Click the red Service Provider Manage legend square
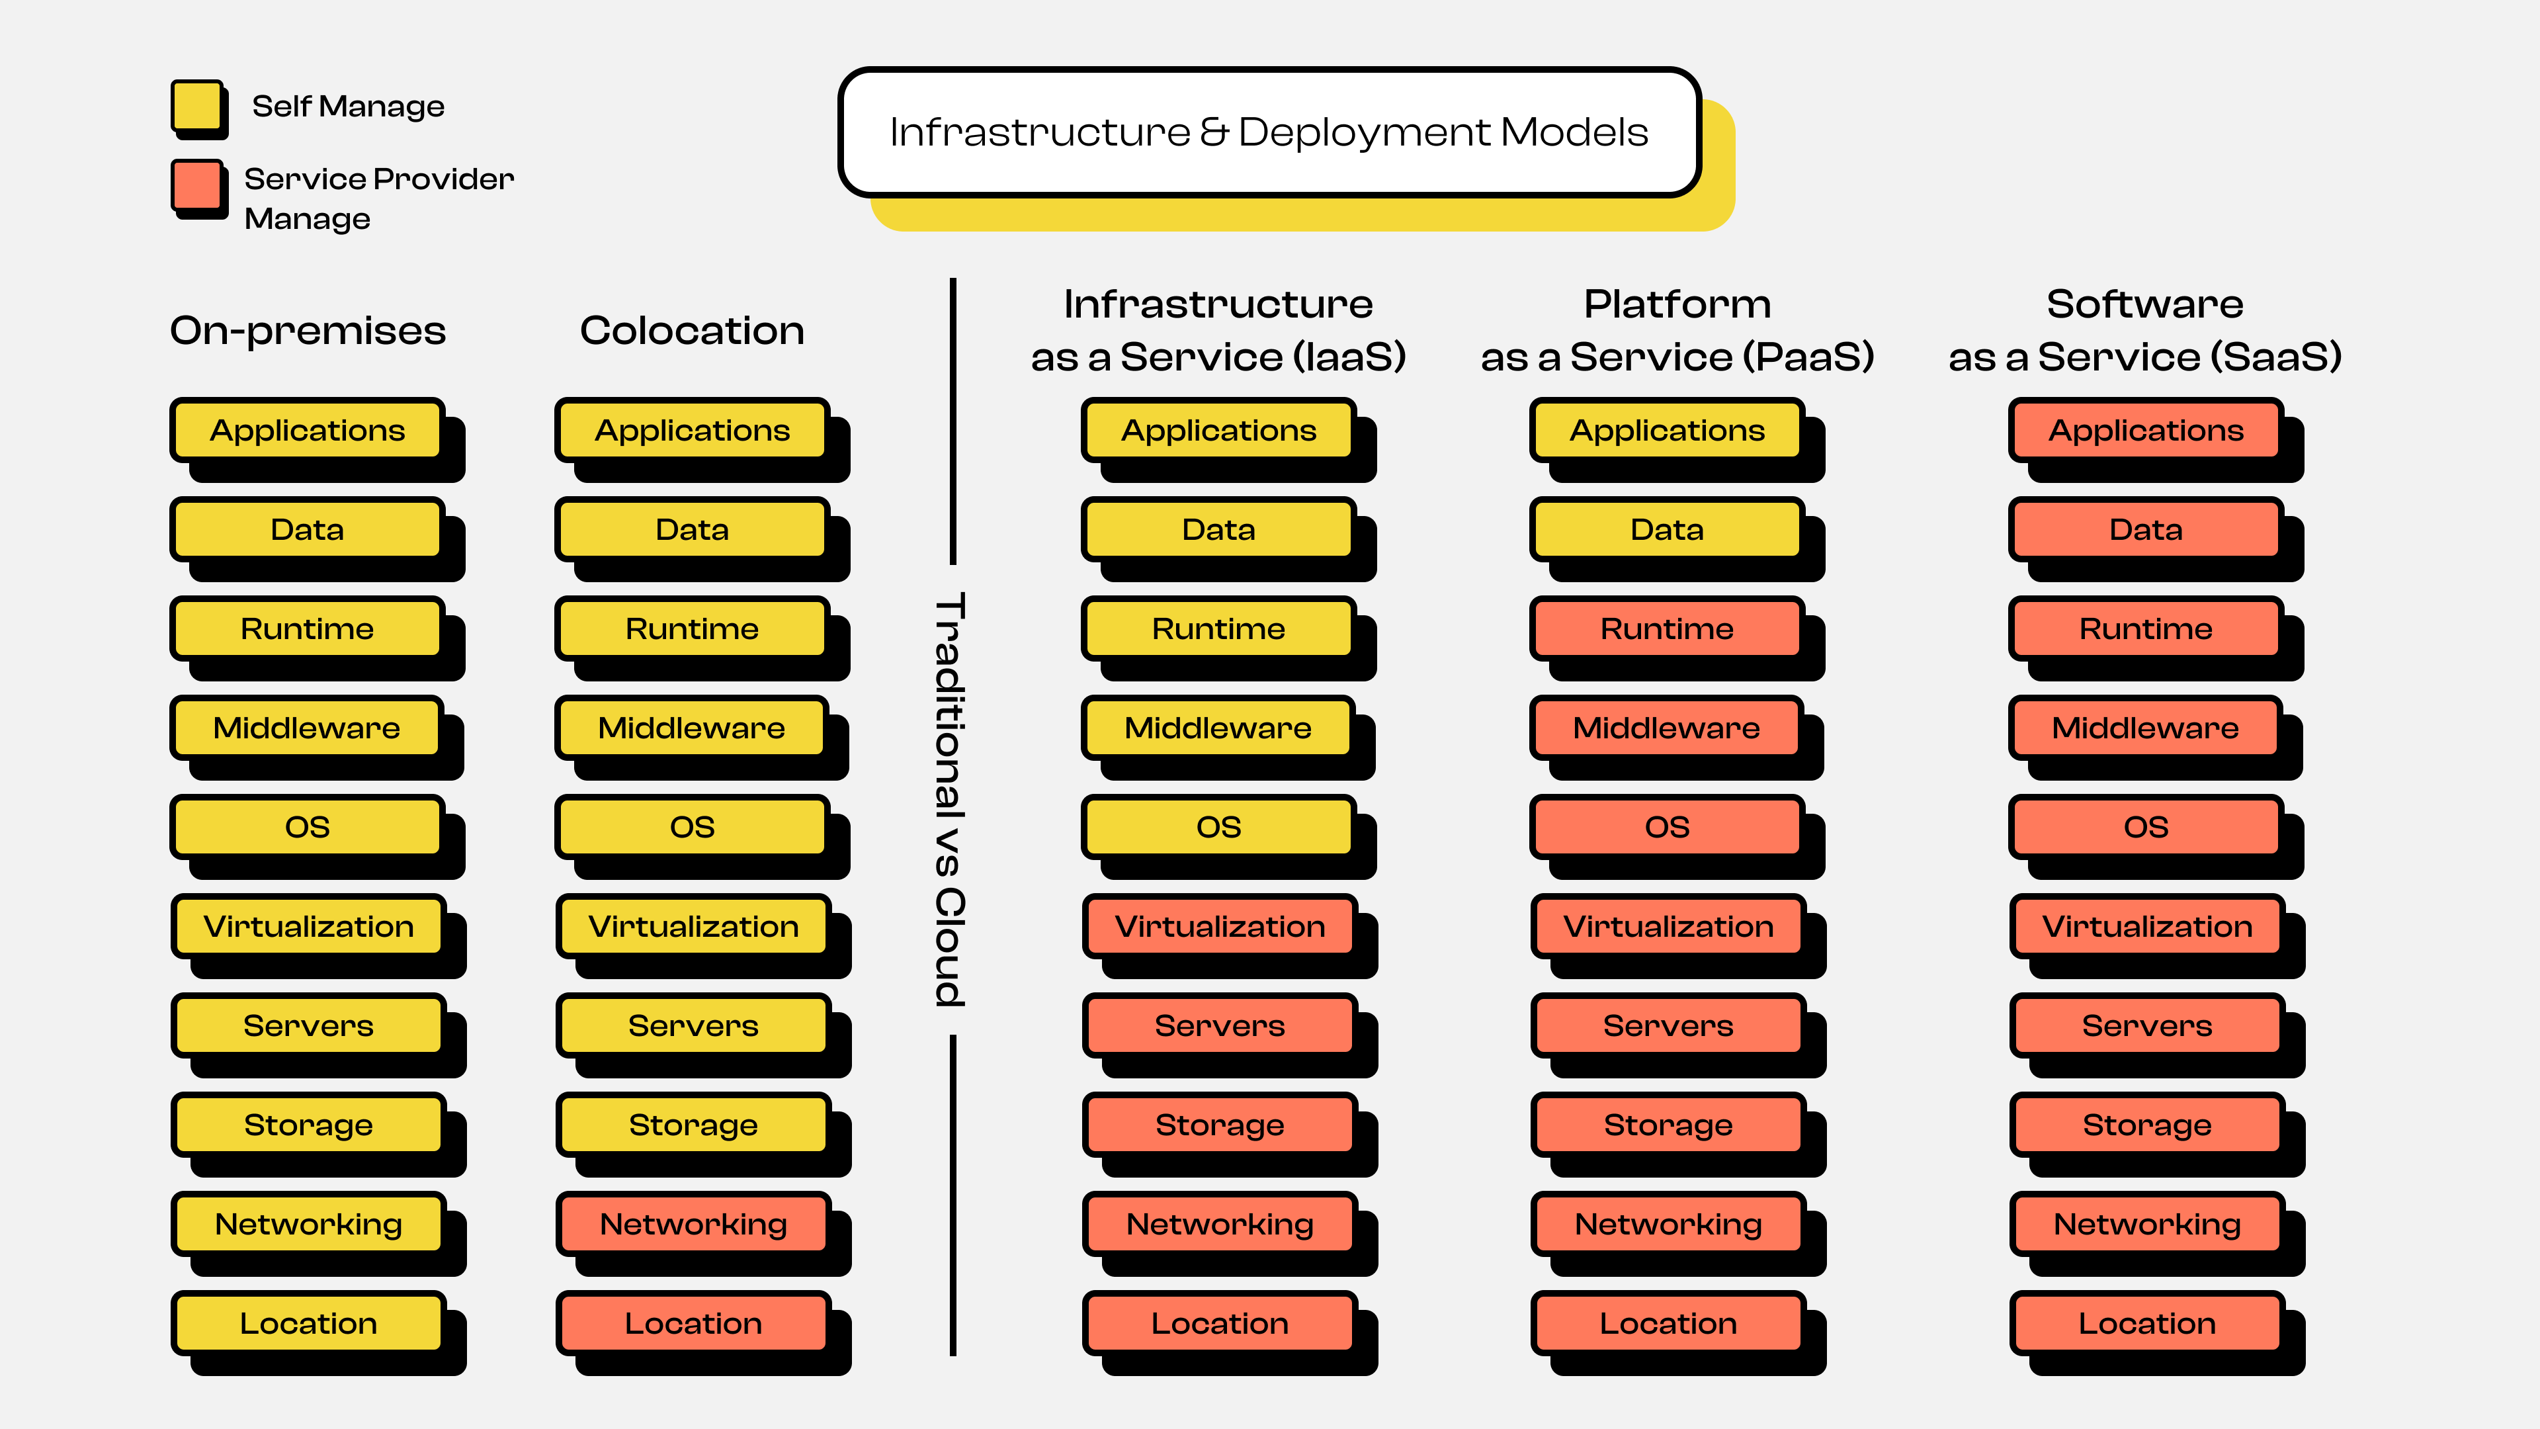[197, 185]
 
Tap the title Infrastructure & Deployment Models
[1269, 132]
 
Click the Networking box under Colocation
[693, 1224]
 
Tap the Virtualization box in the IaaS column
[1220, 926]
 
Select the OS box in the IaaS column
[1218, 826]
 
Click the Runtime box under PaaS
[1666, 628]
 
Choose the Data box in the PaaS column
[1666, 529]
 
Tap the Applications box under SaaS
[2146, 430]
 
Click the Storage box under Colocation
[693, 1124]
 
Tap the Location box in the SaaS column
[2146, 1323]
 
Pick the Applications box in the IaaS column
[1218, 430]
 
